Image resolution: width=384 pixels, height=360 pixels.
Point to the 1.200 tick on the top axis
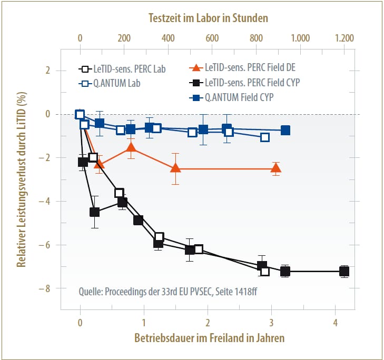tap(344, 38)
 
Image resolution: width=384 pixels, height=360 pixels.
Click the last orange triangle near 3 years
tap(275, 168)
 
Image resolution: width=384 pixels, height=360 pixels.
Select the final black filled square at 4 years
tap(344, 272)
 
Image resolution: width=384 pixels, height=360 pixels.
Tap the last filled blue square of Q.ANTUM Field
tap(285, 131)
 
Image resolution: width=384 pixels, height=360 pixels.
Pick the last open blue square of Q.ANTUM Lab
tap(265, 137)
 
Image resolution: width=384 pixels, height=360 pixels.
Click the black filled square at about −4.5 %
tap(95, 212)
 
